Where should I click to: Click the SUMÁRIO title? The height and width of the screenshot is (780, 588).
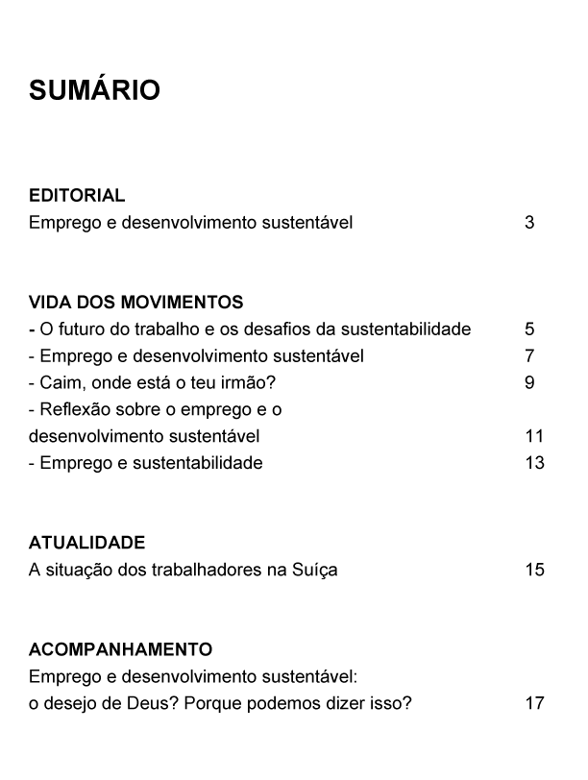pos(94,91)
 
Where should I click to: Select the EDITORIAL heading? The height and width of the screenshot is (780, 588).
pos(77,195)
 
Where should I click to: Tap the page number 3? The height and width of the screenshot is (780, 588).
pos(529,223)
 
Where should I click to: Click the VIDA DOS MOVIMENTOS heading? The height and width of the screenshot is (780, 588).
pos(135,303)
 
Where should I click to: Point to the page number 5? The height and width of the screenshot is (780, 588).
pos(529,329)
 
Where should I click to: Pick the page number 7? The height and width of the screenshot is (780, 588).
pos(529,356)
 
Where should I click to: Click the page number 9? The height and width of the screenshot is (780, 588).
pos(529,383)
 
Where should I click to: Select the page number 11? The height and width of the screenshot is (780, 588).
pos(534,436)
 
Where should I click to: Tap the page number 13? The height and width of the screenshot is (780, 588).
pos(534,463)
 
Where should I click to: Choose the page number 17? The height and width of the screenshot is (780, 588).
pos(534,703)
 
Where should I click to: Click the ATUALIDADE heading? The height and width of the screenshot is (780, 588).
pos(87,543)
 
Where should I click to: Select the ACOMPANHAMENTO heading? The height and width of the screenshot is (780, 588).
pos(120,649)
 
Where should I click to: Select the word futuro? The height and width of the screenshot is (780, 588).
pos(81,329)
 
